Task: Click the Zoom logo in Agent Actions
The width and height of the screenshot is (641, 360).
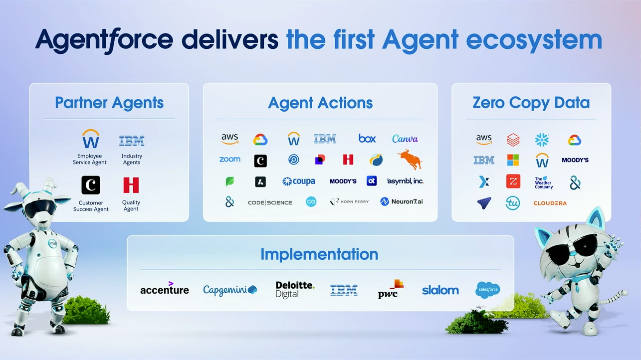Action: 229,160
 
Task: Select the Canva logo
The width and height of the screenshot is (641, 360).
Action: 405,139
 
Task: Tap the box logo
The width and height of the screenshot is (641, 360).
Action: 367,139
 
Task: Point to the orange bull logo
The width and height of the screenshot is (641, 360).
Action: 410,160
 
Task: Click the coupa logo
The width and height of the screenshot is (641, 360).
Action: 298,181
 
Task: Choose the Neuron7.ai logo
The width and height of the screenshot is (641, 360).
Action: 402,202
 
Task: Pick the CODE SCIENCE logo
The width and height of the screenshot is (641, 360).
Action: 270,202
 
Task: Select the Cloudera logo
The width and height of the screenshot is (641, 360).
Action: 550,203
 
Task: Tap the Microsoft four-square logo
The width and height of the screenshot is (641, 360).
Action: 513,160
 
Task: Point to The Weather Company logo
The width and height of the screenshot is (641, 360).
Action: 543,182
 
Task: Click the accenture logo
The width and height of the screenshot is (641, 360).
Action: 165,289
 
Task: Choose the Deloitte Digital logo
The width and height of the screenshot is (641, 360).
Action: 295,289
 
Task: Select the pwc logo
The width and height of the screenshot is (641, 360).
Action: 390,289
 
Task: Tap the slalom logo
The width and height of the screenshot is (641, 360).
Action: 440,290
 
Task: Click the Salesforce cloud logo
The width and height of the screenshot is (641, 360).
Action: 487,289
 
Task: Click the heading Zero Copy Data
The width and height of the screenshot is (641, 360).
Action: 531,103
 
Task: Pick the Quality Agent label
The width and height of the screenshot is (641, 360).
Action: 131,205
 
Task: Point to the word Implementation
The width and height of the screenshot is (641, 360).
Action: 319,254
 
